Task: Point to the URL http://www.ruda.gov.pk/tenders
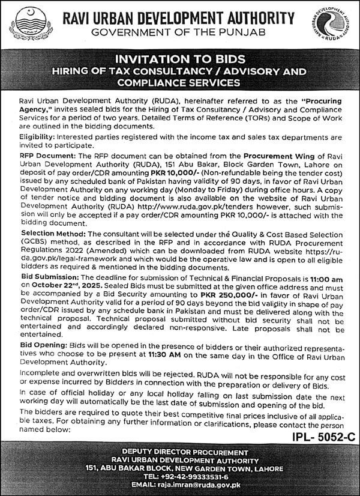coord(214,213)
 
